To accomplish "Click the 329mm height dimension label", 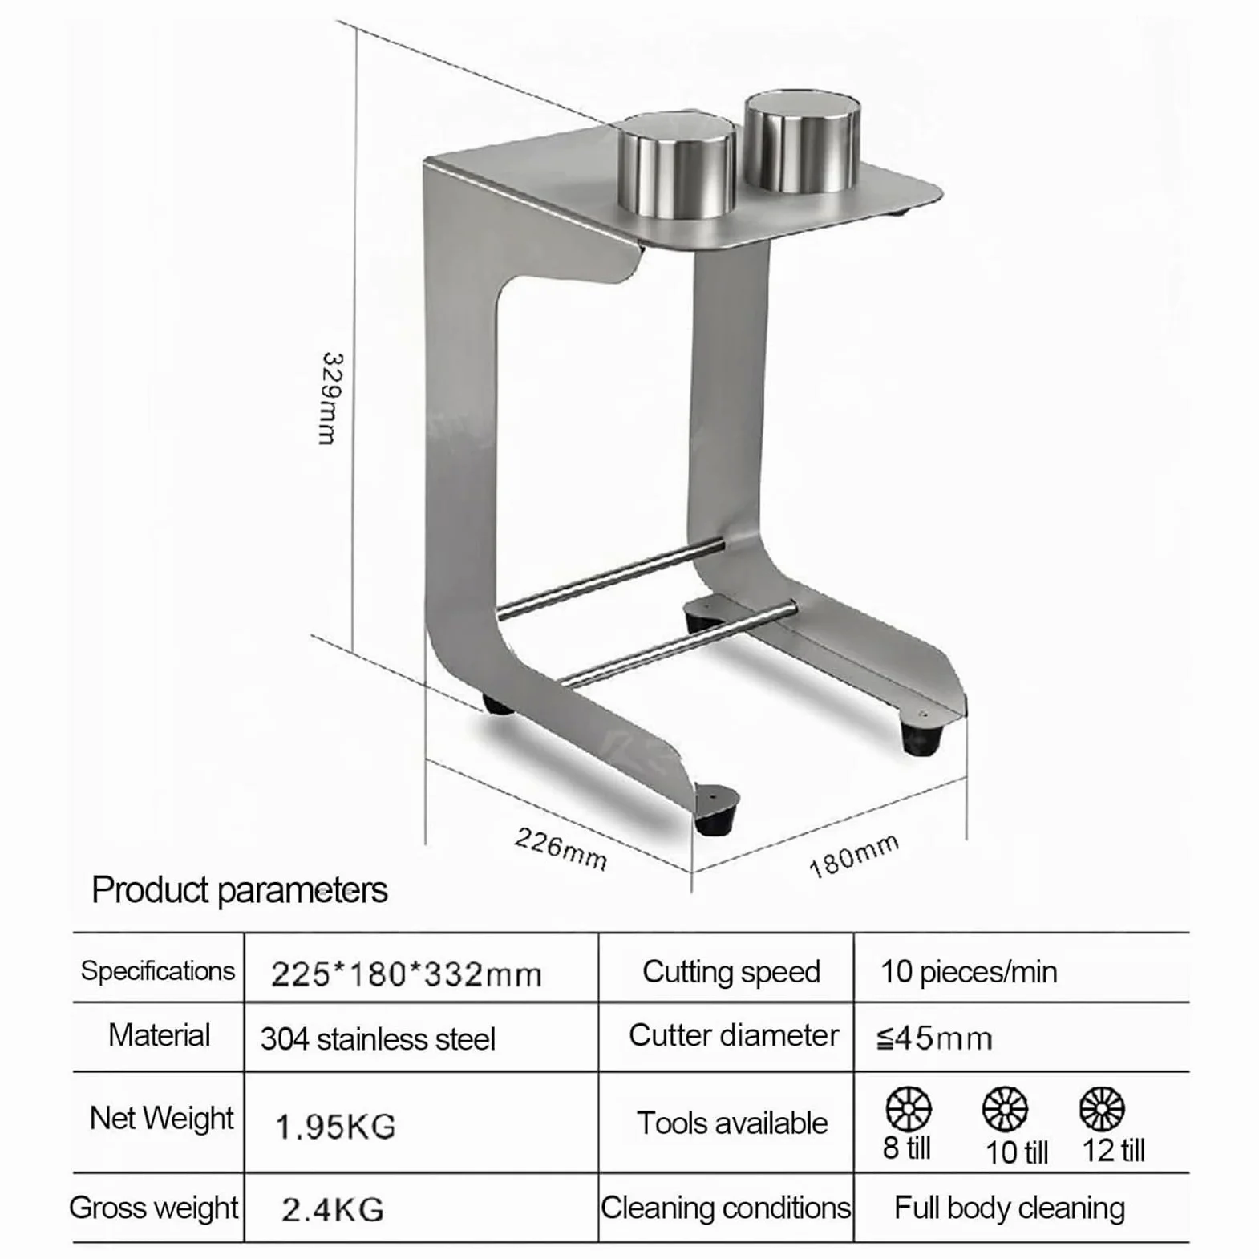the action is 332,398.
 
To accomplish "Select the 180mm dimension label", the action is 853,856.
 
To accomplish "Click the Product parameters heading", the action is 240,890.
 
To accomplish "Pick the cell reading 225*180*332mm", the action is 407,974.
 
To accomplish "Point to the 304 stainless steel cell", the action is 378,1039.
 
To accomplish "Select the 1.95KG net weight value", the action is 335,1127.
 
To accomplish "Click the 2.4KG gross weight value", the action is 333,1209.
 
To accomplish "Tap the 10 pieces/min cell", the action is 969,972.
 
